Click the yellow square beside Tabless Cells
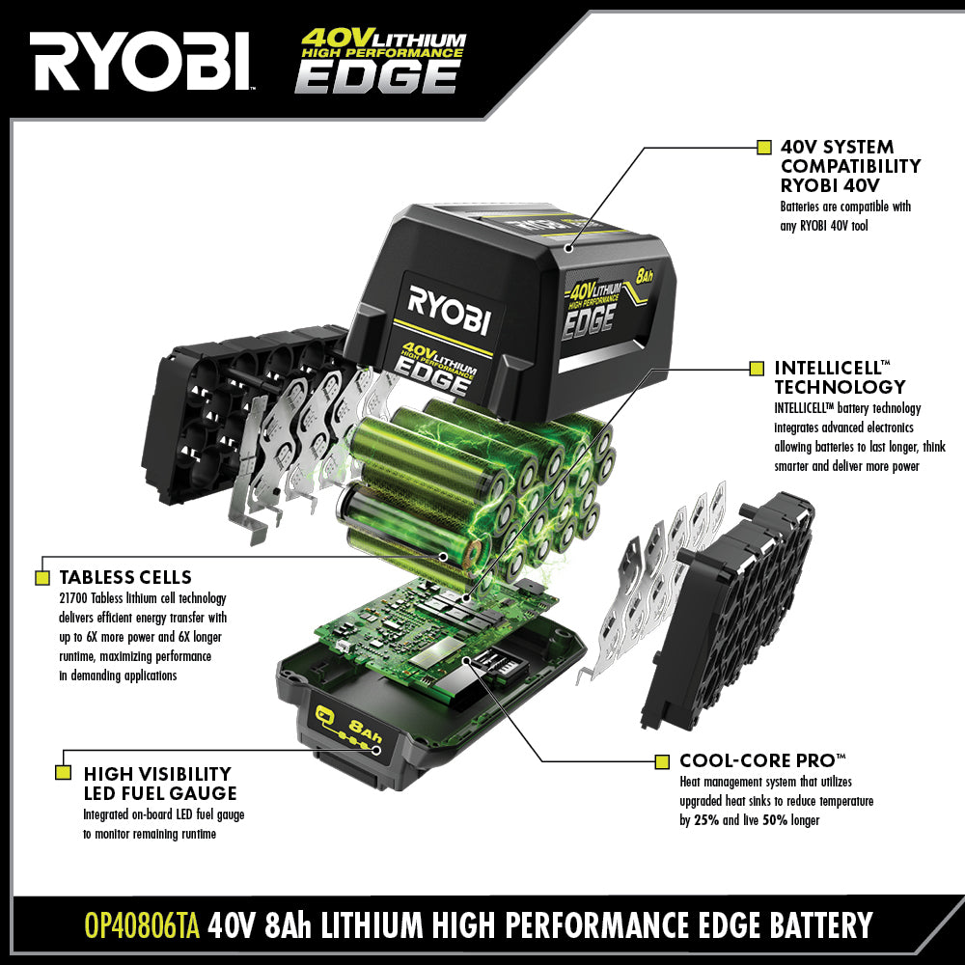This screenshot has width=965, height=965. (x=42, y=578)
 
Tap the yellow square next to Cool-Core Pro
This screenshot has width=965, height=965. (x=661, y=761)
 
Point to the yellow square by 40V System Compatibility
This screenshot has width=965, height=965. (x=762, y=148)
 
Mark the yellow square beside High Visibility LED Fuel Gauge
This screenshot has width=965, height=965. (x=64, y=772)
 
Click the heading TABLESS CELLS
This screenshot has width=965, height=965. (x=125, y=578)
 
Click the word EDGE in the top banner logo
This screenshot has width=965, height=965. (x=376, y=75)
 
